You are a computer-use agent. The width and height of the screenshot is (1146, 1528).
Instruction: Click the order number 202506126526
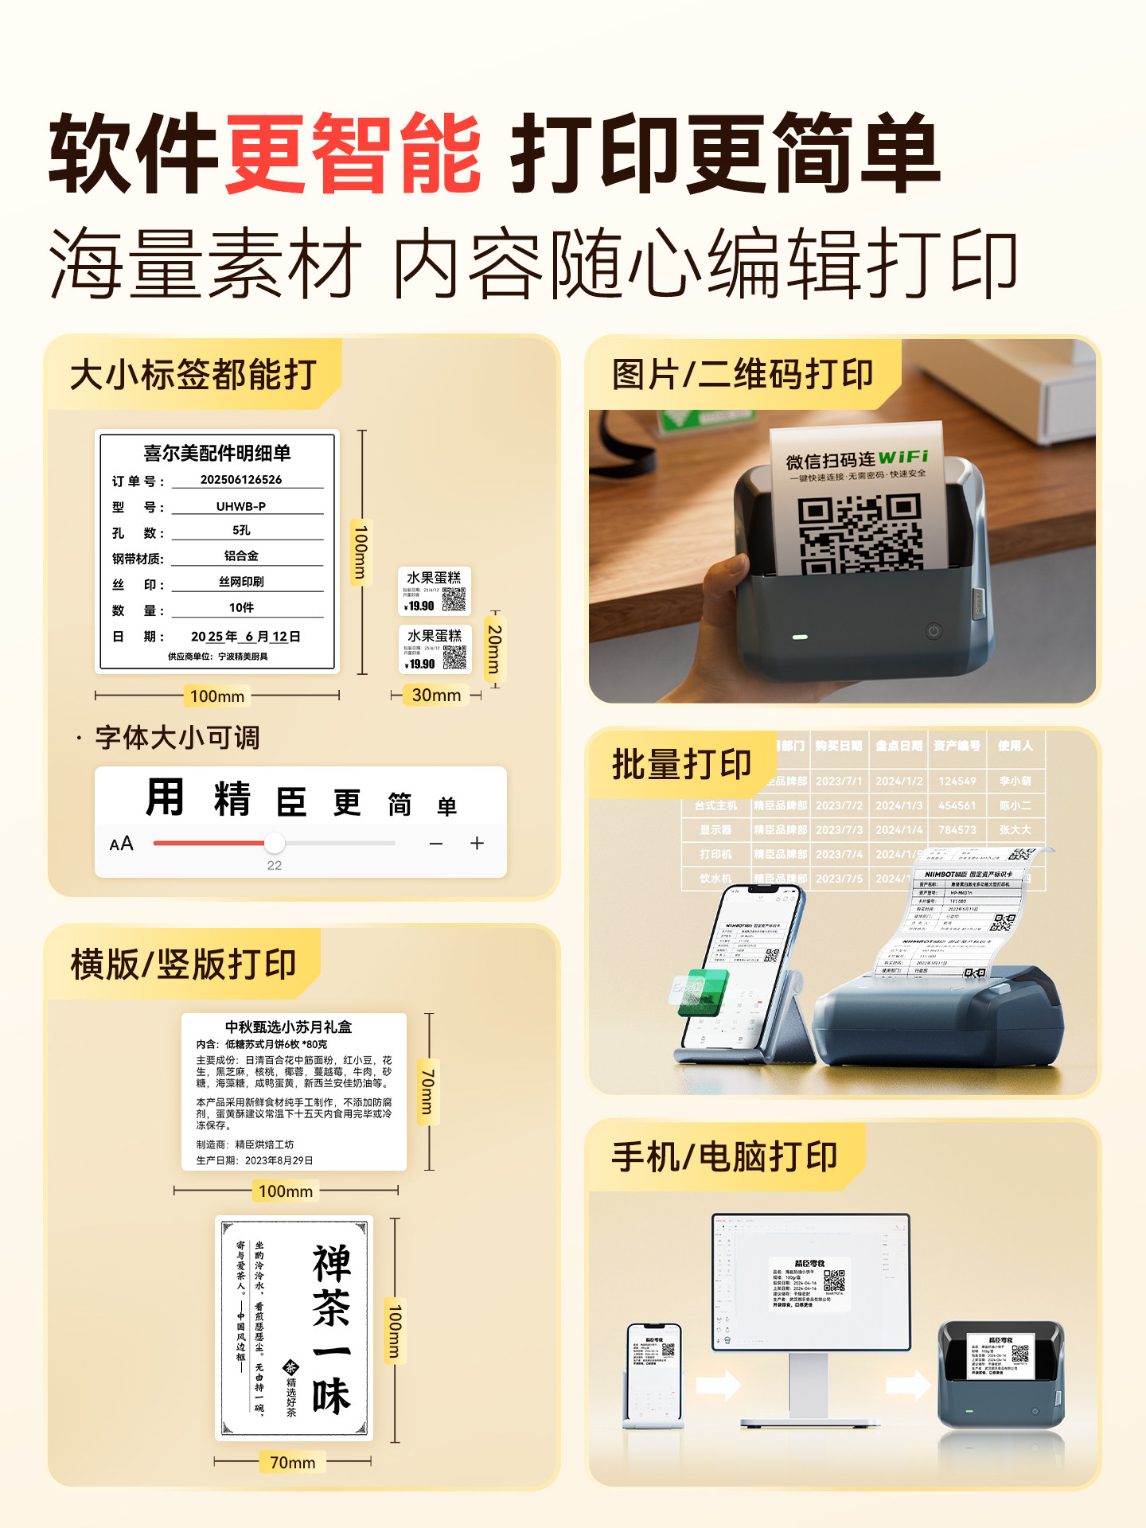(241, 480)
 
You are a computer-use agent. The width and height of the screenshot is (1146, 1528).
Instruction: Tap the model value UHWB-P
(241, 506)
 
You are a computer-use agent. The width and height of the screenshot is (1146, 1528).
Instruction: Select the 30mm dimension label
(436, 695)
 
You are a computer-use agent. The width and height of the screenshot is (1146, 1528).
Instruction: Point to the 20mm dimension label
(494, 649)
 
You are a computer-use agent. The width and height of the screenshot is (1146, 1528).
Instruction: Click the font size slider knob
(274, 843)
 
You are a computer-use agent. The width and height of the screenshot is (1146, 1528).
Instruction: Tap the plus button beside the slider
(477, 843)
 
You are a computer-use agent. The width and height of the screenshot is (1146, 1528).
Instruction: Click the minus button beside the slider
(436, 844)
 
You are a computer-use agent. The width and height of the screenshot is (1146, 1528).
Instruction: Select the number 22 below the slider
(274, 866)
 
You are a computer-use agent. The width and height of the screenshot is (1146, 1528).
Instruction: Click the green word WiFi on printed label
(903, 457)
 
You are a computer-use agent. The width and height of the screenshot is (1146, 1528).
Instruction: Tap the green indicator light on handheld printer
(800, 637)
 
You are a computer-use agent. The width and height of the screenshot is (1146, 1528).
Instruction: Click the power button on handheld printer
(934, 631)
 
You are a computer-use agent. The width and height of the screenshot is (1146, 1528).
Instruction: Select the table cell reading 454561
(957, 805)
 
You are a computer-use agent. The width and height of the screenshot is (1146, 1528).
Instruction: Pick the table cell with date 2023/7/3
(839, 830)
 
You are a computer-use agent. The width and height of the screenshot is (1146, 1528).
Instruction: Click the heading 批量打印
(681, 765)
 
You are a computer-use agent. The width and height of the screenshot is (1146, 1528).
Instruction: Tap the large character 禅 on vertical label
(331, 1264)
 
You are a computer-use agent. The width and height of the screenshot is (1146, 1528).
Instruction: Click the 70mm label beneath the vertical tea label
(292, 1463)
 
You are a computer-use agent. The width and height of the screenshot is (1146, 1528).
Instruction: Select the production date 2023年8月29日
(279, 1160)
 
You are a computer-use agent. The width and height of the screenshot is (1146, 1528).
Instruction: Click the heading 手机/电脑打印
(724, 1157)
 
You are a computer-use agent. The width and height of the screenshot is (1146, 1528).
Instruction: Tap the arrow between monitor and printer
(907, 1386)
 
